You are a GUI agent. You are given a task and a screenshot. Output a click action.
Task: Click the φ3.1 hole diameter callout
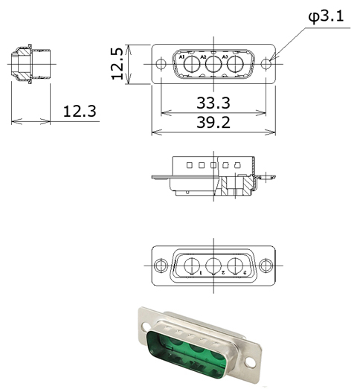pos(326,16)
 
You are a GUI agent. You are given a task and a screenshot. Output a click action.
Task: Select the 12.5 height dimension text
pos(117,64)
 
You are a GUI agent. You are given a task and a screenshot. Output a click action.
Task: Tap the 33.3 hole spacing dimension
pos(213,103)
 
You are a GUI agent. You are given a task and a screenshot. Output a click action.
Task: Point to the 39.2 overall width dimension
pos(213,122)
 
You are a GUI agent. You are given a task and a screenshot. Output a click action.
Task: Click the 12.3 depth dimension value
pos(80,111)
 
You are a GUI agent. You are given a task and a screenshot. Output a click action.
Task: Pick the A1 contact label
pos(182,57)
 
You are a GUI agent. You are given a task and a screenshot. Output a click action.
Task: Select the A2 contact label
pos(204,57)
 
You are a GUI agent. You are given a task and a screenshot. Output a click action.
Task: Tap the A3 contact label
pos(225,57)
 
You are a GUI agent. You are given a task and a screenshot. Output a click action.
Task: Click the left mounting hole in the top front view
pos(161,64)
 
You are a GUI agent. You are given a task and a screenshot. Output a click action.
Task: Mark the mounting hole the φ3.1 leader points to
pos(266,64)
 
